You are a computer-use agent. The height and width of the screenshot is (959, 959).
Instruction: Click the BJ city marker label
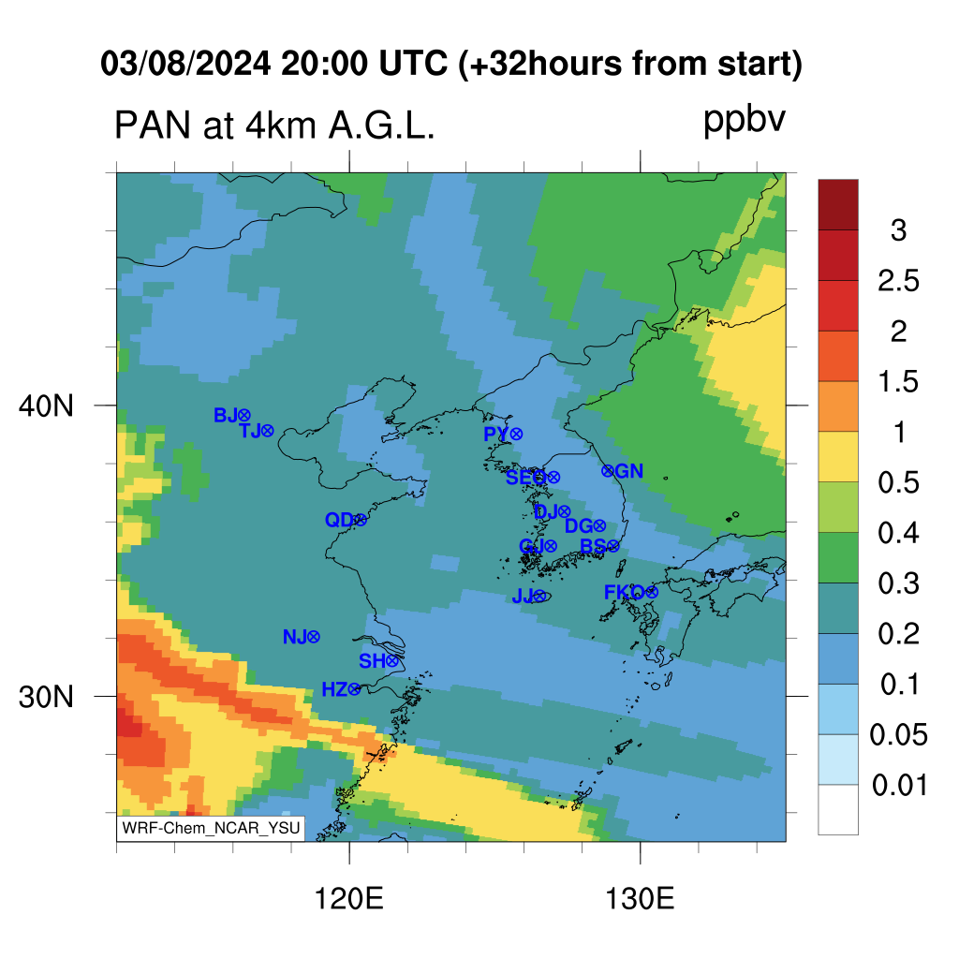[225, 415]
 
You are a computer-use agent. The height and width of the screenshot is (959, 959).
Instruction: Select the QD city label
[339, 520]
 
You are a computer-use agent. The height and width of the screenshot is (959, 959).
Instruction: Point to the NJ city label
[294, 637]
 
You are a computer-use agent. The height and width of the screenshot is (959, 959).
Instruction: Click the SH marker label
[372, 661]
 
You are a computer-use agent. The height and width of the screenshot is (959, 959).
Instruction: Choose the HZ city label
[334, 690]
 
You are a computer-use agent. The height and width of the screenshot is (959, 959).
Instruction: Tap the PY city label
[496, 435]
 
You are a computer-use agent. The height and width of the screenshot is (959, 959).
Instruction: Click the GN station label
[629, 471]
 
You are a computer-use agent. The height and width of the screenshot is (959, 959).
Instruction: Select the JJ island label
[523, 596]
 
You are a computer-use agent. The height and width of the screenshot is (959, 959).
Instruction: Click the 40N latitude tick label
[46, 406]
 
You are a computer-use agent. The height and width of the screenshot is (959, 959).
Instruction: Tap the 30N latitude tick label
[46, 697]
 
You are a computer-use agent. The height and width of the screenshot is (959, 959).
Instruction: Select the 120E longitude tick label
[348, 899]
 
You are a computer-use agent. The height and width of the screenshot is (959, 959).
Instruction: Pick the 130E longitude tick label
[640, 899]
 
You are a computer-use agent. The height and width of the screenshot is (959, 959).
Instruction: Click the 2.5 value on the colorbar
[898, 281]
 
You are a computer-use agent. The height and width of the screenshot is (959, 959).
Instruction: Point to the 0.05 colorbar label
[898, 734]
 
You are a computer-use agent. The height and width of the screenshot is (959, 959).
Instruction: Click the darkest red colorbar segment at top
[838, 204]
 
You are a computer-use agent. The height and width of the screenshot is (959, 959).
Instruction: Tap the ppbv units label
[744, 121]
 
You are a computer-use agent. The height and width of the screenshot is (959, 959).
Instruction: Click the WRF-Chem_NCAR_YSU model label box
[211, 828]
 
